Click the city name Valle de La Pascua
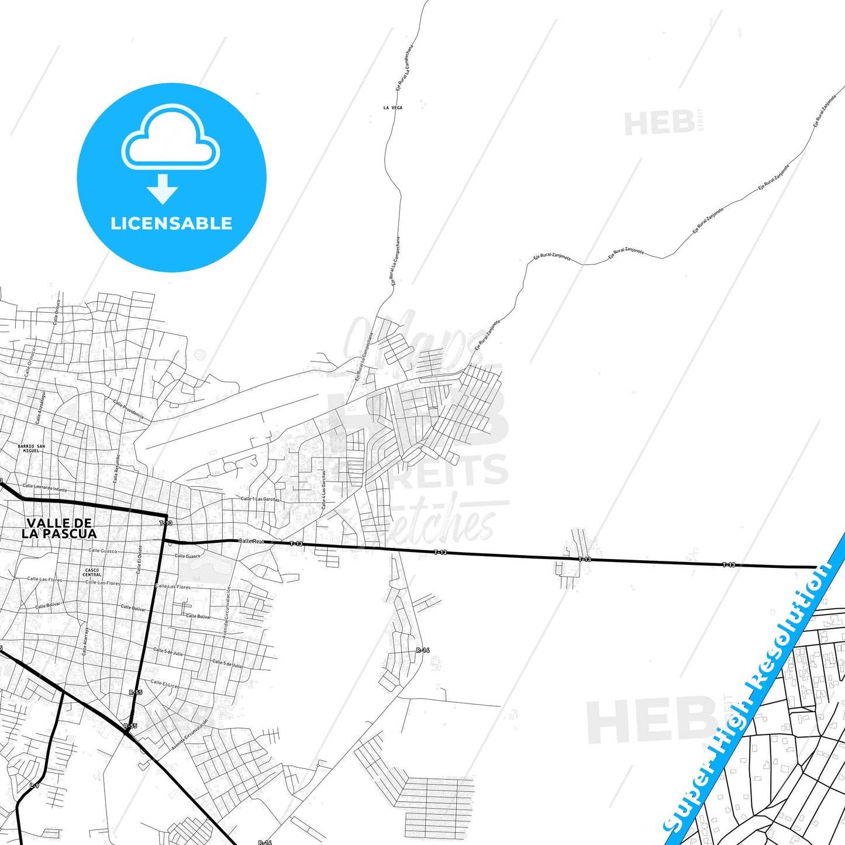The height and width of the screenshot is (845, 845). pyautogui.click(x=59, y=528)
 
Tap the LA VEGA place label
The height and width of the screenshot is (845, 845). pyautogui.click(x=393, y=108)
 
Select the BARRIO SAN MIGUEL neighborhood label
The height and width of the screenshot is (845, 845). pyautogui.click(x=31, y=449)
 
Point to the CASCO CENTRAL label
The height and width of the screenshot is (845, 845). pyautogui.click(x=92, y=572)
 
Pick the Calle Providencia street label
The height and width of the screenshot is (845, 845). pyautogui.click(x=129, y=411)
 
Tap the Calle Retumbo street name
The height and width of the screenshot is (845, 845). pyautogui.click(x=117, y=468)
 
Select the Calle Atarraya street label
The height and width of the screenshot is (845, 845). pyautogui.click(x=85, y=641)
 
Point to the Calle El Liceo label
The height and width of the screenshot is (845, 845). pyautogui.click(x=165, y=684)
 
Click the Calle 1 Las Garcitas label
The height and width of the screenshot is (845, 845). pyautogui.click(x=260, y=499)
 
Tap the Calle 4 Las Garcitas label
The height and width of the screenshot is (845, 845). pyautogui.click(x=323, y=490)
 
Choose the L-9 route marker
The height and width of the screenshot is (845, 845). pyautogui.click(x=35, y=785)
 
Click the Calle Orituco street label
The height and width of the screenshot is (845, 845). pyautogui.click(x=57, y=312)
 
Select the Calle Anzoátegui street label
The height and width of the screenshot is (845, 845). pyautogui.click(x=40, y=408)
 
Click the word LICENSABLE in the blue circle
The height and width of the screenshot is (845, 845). pyautogui.click(x=171, y=223)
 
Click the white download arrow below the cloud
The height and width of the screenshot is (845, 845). pyautogui.click(x=163, y=188)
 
